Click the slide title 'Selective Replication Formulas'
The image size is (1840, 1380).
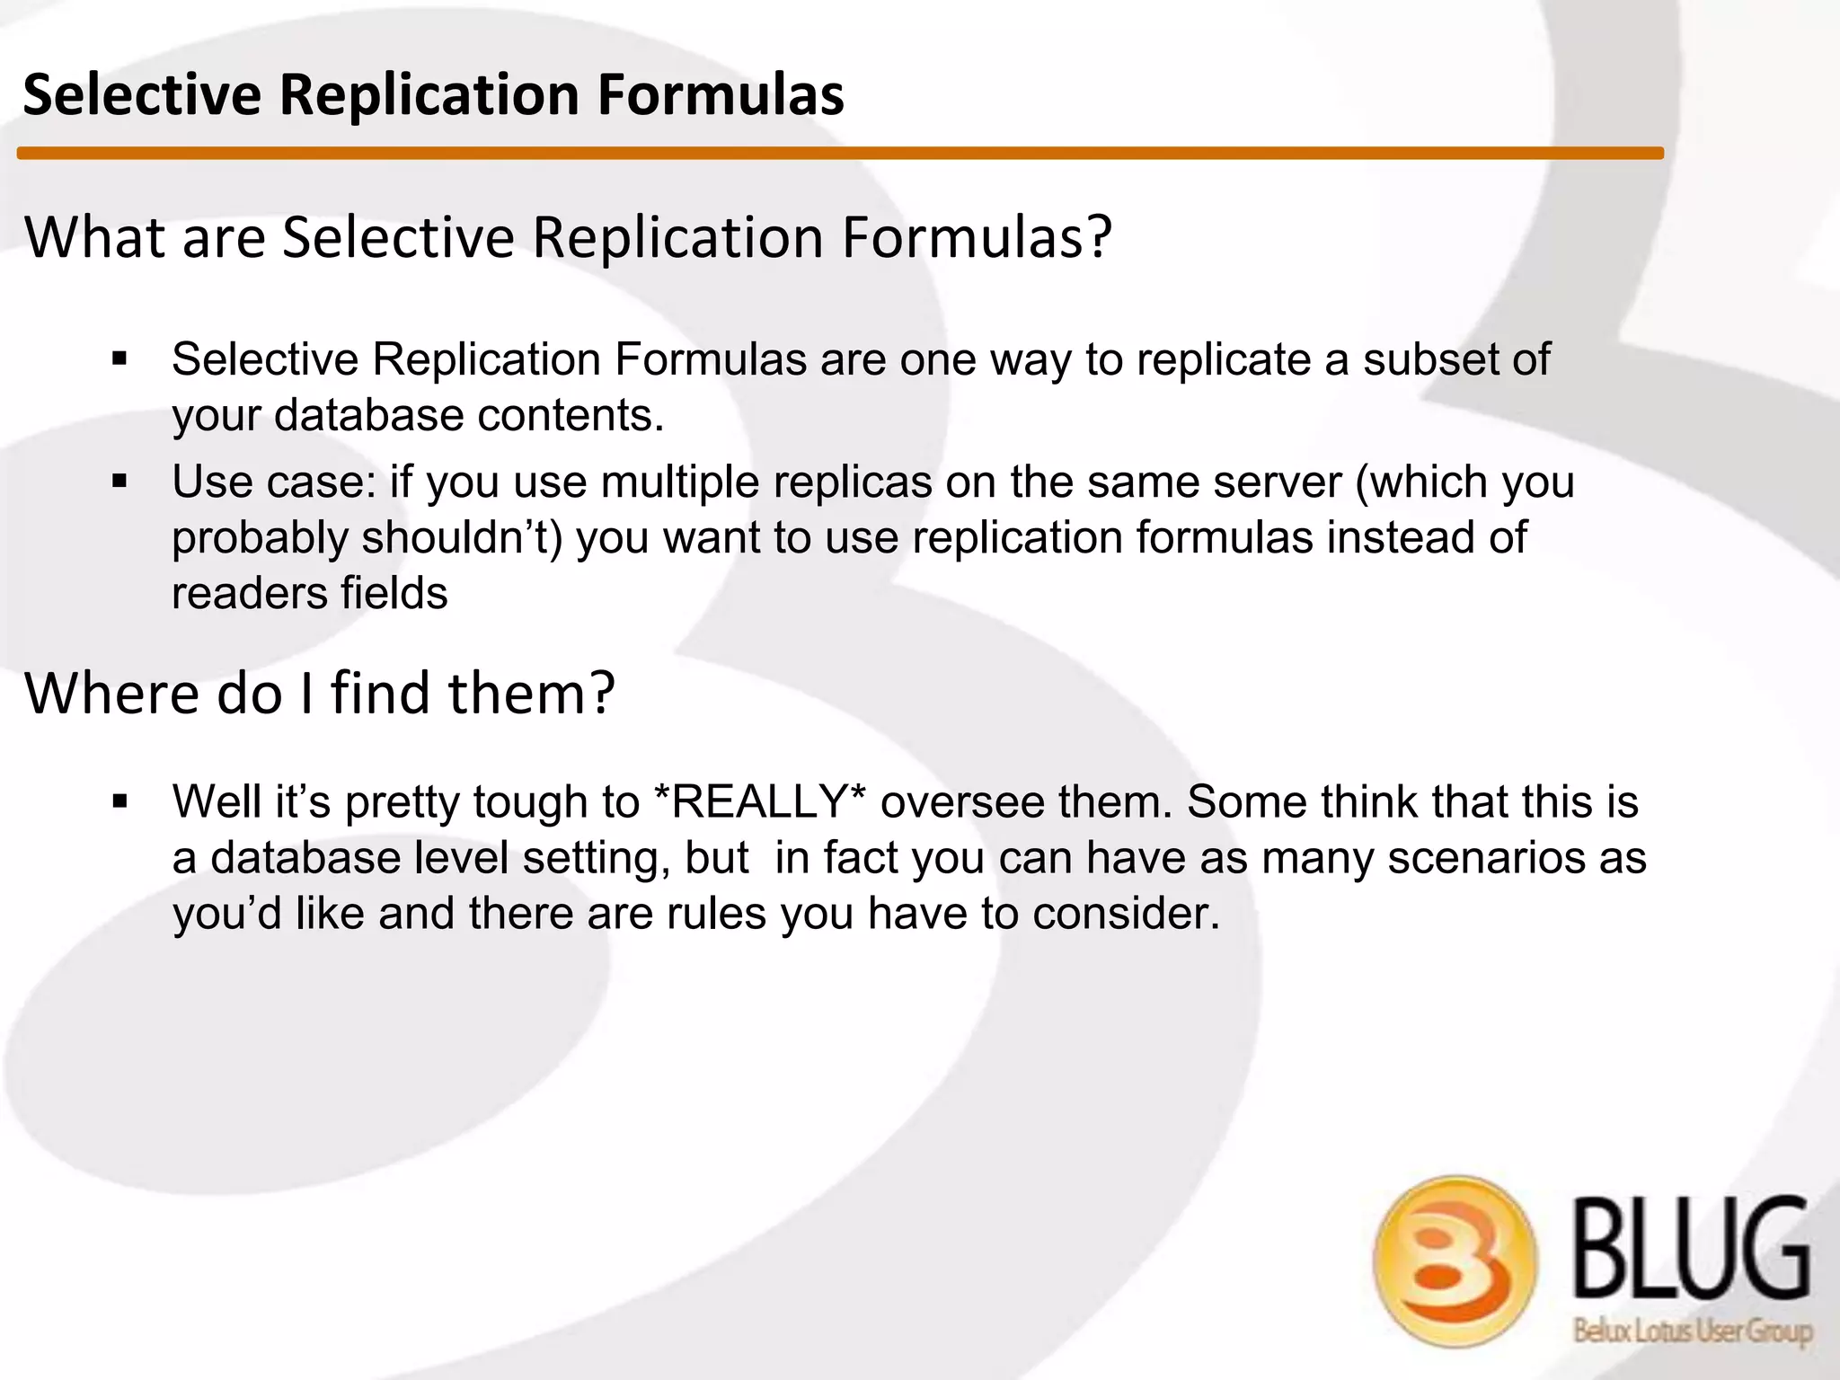[x=433, y=94]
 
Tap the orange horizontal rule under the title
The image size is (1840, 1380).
[x=840, y=154]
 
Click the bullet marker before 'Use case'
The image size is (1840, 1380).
[x=120, y=482]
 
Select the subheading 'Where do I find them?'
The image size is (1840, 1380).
[x=320, y=694]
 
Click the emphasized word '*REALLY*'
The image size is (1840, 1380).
[x=762, y=801]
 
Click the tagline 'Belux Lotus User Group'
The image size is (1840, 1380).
[x=1692, y=1331]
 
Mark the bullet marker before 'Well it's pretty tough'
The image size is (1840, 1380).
[x=120, y=801]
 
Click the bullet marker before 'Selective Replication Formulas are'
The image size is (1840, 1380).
[x=120, y=359]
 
